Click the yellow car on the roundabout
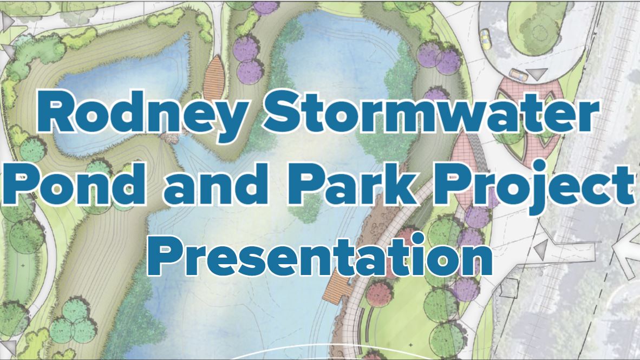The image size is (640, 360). (485, 37)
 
